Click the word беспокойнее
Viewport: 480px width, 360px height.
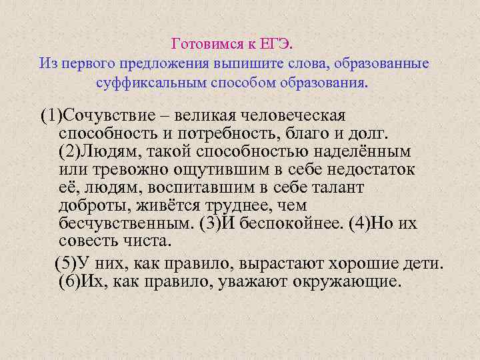point(294,222)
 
